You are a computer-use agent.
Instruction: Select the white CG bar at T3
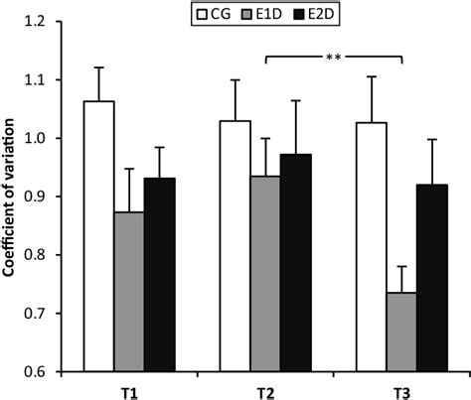click(x=370, y=247)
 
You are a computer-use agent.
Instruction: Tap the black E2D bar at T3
click(x=431, y=278)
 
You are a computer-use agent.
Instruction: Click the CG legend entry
click(x=211, y=13)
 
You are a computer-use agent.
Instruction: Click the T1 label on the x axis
click(x=129, y=389)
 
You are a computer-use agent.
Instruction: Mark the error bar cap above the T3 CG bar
click(x=370, y=76)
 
